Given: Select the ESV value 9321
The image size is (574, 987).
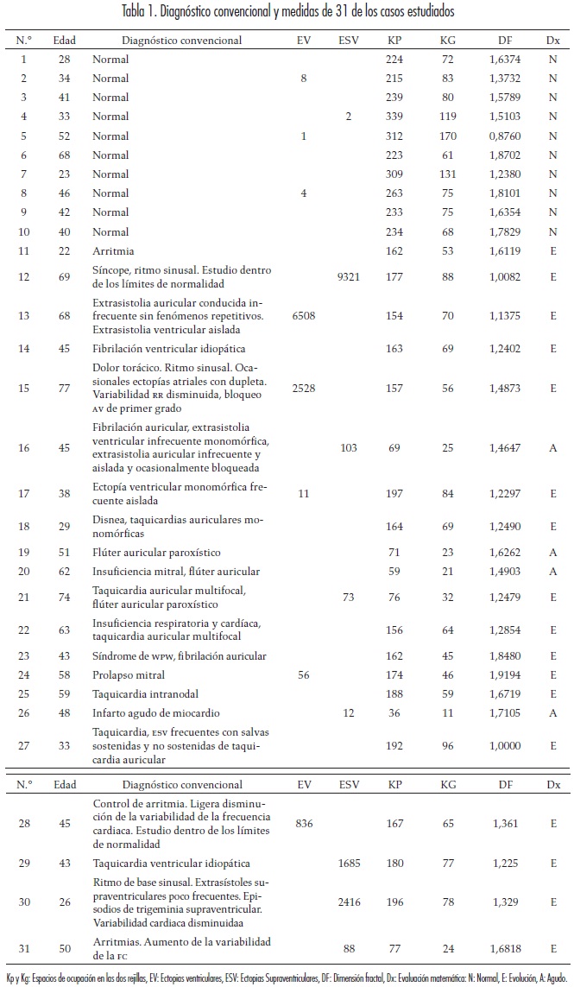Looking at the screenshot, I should coord(348,276).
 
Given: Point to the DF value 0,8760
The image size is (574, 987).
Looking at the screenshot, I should coord(503,136).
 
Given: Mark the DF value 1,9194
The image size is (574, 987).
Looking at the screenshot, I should coord(503,675).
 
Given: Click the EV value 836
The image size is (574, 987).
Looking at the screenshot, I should coord(304,825).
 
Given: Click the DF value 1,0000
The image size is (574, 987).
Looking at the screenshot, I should coord(503,745).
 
